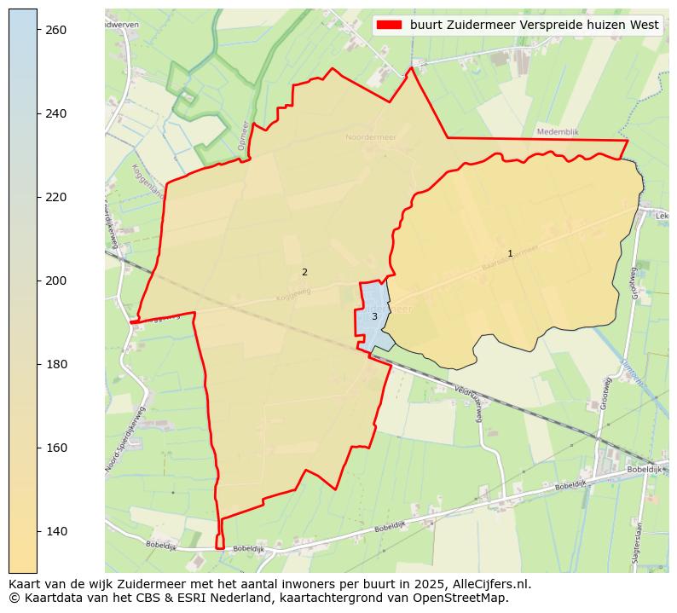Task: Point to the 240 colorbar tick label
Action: pos(56,113)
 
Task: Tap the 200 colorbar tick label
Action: pos(56,280)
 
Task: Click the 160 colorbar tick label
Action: pos(56,448)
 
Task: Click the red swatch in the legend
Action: pos(389,26)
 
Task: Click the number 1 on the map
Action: pos(510,253)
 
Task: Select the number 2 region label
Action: pos(304,272)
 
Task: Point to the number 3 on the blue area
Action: pos(374,316)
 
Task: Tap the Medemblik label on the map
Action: pos(558,132)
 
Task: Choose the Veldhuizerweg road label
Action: pos(470,399)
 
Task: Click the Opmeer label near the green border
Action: pos(243,135)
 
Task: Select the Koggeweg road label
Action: pos(293,294)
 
